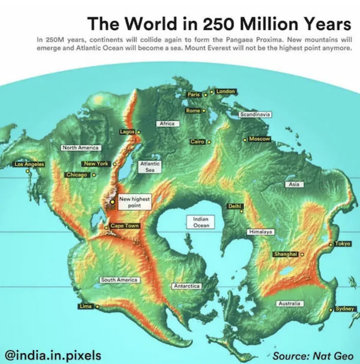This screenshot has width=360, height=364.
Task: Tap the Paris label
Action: click(x=193, y=95)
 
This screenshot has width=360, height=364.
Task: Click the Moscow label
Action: click(x=260, y=139)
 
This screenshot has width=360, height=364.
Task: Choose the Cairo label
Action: click(x=197, y=142)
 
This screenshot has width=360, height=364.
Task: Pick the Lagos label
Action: click(x=127, y=131)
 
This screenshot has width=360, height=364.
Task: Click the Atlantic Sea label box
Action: click(x=148, y=166)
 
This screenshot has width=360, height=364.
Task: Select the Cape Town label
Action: click(x=125, y=225)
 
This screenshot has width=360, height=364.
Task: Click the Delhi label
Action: click(x=235, y=206)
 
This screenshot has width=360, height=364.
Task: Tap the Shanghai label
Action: click(x=286, y=254)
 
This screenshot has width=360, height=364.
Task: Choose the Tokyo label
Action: click(x=343, y=243)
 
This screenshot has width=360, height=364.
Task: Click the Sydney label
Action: click(x=345, y=308)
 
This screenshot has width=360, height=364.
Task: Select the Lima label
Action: click(x=85, y=306)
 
